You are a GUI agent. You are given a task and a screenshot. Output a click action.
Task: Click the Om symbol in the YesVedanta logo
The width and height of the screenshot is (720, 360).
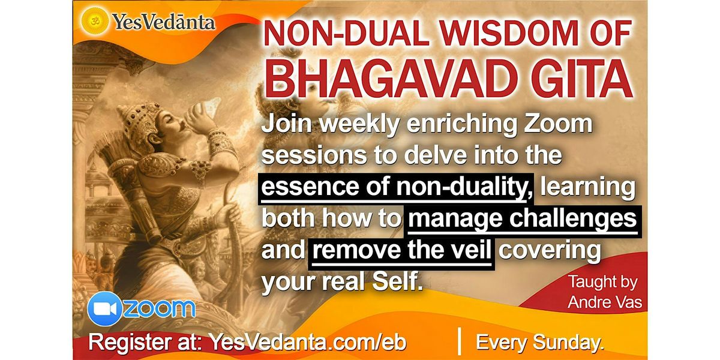pos(94,21)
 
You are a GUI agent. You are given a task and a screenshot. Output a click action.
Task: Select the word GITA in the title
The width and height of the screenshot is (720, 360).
pos(582,80)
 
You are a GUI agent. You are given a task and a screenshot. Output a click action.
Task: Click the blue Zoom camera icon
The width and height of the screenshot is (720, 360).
pos(104,309)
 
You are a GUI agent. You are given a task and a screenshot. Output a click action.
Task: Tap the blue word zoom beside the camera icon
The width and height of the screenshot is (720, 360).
pos(159,308)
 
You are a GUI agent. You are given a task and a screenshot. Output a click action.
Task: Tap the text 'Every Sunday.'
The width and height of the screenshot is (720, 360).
pos(540,343)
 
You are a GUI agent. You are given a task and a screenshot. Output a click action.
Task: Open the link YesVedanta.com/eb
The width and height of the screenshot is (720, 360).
pos(308,341)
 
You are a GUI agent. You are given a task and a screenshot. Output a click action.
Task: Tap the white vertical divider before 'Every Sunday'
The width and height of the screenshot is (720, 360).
pos(460,341)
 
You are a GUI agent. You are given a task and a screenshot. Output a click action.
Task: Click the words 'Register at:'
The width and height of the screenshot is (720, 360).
pos(145,341)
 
